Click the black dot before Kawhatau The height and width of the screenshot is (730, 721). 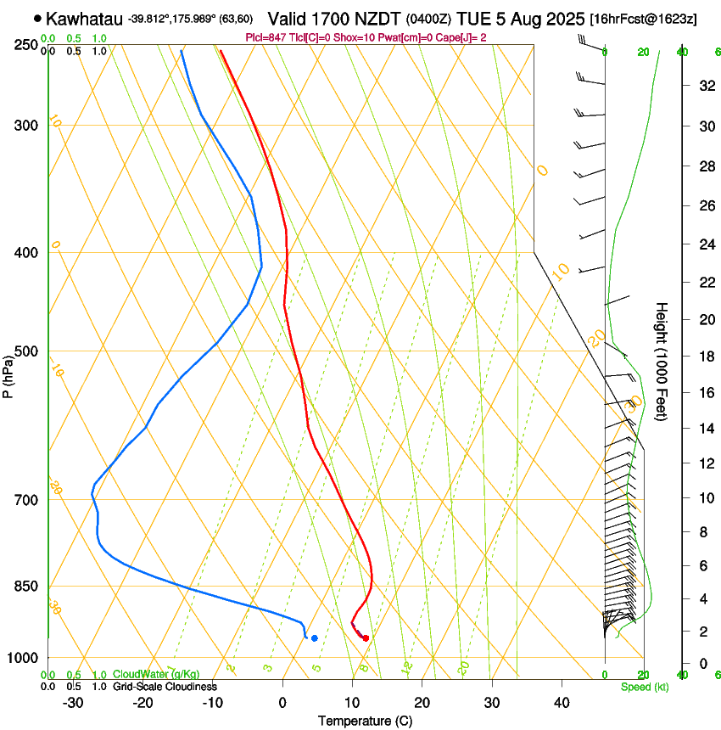pos(37,18)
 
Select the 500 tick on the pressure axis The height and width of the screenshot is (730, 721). pos(26,351)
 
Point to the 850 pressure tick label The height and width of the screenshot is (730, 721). pos(26,587)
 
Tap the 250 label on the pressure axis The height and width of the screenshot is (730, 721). pos(26,45)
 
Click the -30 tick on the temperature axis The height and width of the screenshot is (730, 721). pos(72,703)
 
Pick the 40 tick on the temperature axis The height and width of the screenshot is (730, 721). pos(562,703)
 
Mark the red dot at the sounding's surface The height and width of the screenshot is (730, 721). pos(366,637)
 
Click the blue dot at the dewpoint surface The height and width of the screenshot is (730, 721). pos(314,637)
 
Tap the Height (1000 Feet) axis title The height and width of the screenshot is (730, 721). pos(662,361)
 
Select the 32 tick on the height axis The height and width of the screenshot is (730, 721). pos(704,85)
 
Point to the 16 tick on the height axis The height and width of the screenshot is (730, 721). pos(704,393)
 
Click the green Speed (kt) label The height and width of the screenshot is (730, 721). pos(644,687)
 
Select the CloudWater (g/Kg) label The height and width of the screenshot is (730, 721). pos(156,674)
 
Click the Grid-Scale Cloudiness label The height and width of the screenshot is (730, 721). pos(165,686)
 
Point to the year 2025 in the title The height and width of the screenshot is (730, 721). pos(566,18)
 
